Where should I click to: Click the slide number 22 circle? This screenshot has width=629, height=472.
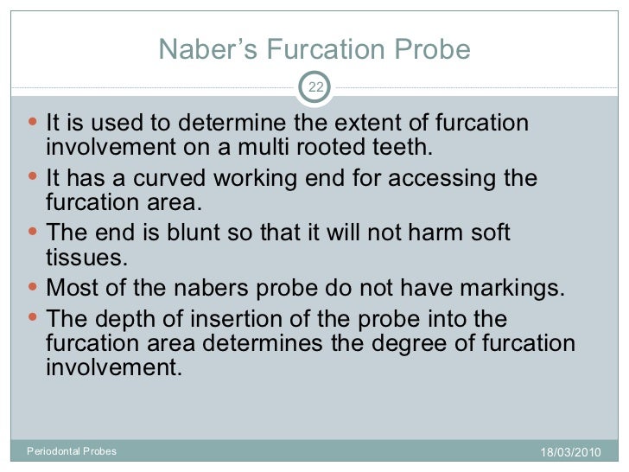(314, 86)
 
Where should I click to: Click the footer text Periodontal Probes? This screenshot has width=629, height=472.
(72, 451)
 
